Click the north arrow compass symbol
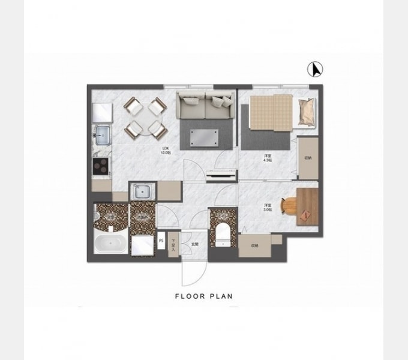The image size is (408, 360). [315, 70]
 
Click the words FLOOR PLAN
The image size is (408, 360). [203, 296]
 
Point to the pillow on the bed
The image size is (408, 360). [306, 110]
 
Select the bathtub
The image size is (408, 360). [110, 245]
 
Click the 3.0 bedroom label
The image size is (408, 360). [268, 208]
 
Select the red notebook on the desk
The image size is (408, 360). [307, 214]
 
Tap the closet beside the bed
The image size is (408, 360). [308, 158]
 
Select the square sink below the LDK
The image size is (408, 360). [142, 192]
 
